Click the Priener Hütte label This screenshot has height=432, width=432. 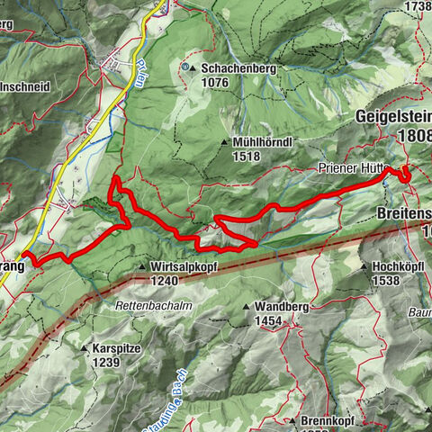(350, 168)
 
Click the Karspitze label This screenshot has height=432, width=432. (118, 348)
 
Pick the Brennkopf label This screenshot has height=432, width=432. (329, 420)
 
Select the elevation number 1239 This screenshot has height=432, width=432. (106, 362)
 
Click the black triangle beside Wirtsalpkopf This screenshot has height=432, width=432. (143, 267)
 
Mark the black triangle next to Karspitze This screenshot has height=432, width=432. (85, 348)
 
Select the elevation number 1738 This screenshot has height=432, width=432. (418, 5)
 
